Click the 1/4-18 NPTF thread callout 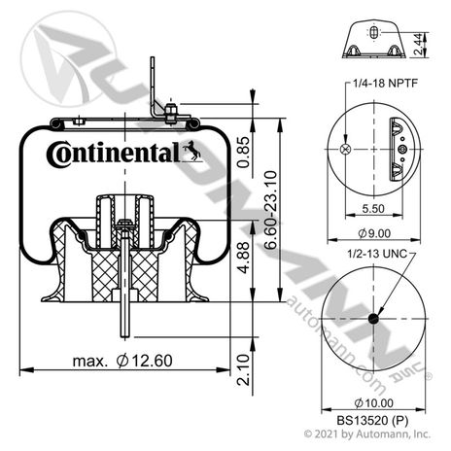(x=385, y=84)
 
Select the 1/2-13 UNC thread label (x=377, y=254)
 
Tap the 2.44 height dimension (x=419, y=44)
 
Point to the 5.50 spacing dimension (x=373, y=208)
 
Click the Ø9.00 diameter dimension (x=374, y=233)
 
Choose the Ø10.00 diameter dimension (x=373, y=403)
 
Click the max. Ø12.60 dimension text (x=122, y=361)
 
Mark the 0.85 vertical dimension (x=243, y=153)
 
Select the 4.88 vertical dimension (x=243, y=258)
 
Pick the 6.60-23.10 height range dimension (x=270, y=210)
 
